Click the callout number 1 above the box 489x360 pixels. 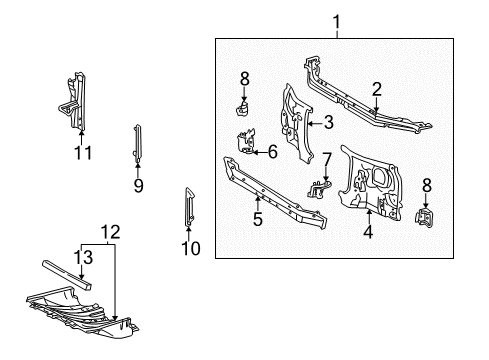click(336, 21)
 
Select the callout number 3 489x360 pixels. click(327, 123)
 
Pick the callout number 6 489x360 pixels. click(271, 151)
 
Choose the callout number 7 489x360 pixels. click(326, 159)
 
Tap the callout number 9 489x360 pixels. click(139, 184)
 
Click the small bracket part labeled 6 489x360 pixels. click(248, 146)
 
